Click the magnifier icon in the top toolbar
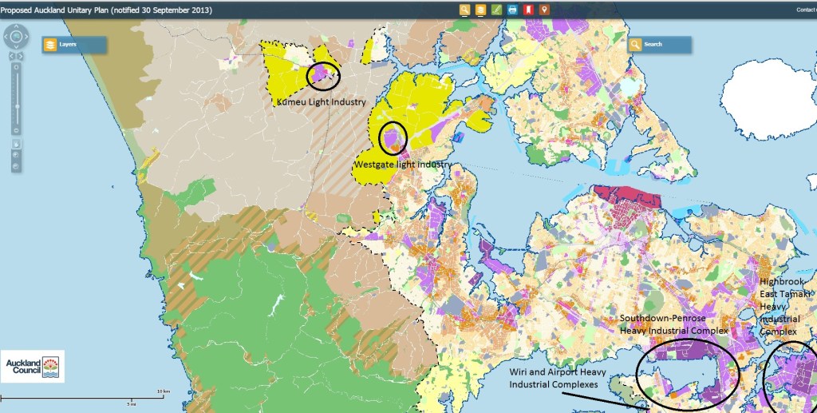tap(464, 10)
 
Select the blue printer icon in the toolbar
tap(512, 10)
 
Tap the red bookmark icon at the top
tap(528, 10)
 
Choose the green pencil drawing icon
tap(496, 10)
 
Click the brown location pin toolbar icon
tap(544, 10)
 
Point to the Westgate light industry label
tap(402, 165)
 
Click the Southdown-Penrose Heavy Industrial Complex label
tap(674, 324)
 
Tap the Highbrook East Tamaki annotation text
tap(787, 306)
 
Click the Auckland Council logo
tap(32, 367)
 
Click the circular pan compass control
tap(15, 36)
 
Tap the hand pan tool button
tap(15, 145)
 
